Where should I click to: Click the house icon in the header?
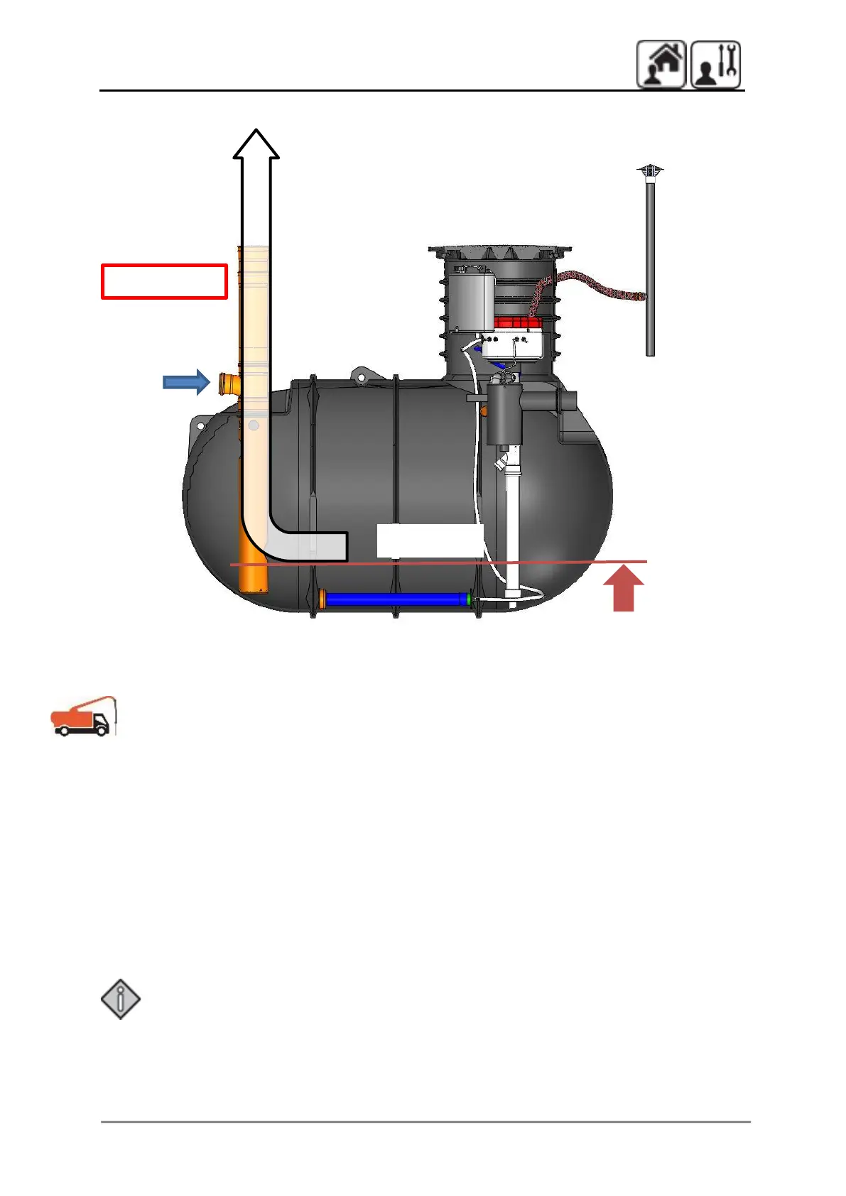661,64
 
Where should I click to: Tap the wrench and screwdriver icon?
716,64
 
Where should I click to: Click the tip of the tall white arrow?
256,132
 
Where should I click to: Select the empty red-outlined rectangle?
164,281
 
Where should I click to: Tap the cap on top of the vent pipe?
650,171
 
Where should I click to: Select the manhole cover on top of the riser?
499,251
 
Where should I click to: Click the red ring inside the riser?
518,322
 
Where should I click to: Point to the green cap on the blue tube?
469,599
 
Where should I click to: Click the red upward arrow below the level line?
623,589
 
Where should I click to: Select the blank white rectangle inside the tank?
430,540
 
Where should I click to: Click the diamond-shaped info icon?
121,999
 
